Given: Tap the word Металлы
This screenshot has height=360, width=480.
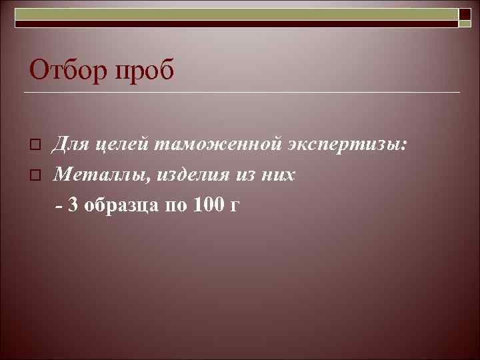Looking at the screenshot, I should coord(94,175).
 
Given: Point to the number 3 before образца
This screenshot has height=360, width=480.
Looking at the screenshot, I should coord(73,205).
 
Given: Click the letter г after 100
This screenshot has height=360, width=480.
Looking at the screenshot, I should coord(233,206).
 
